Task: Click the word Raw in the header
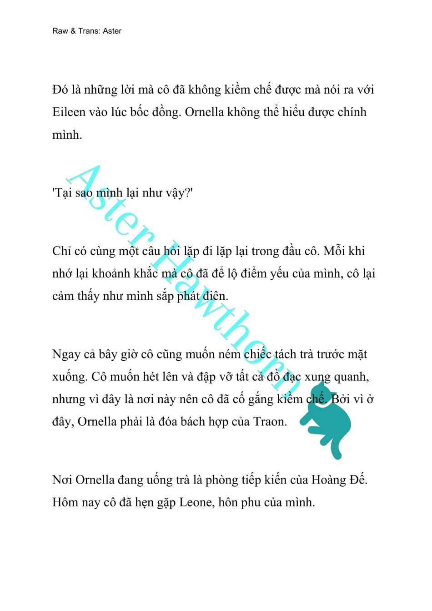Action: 60,31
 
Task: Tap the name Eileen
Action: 69,112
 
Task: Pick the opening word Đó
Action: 60,90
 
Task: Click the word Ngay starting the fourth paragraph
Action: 66,354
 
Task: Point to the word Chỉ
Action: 61,251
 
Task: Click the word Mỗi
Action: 335,251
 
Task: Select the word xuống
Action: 69,377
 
